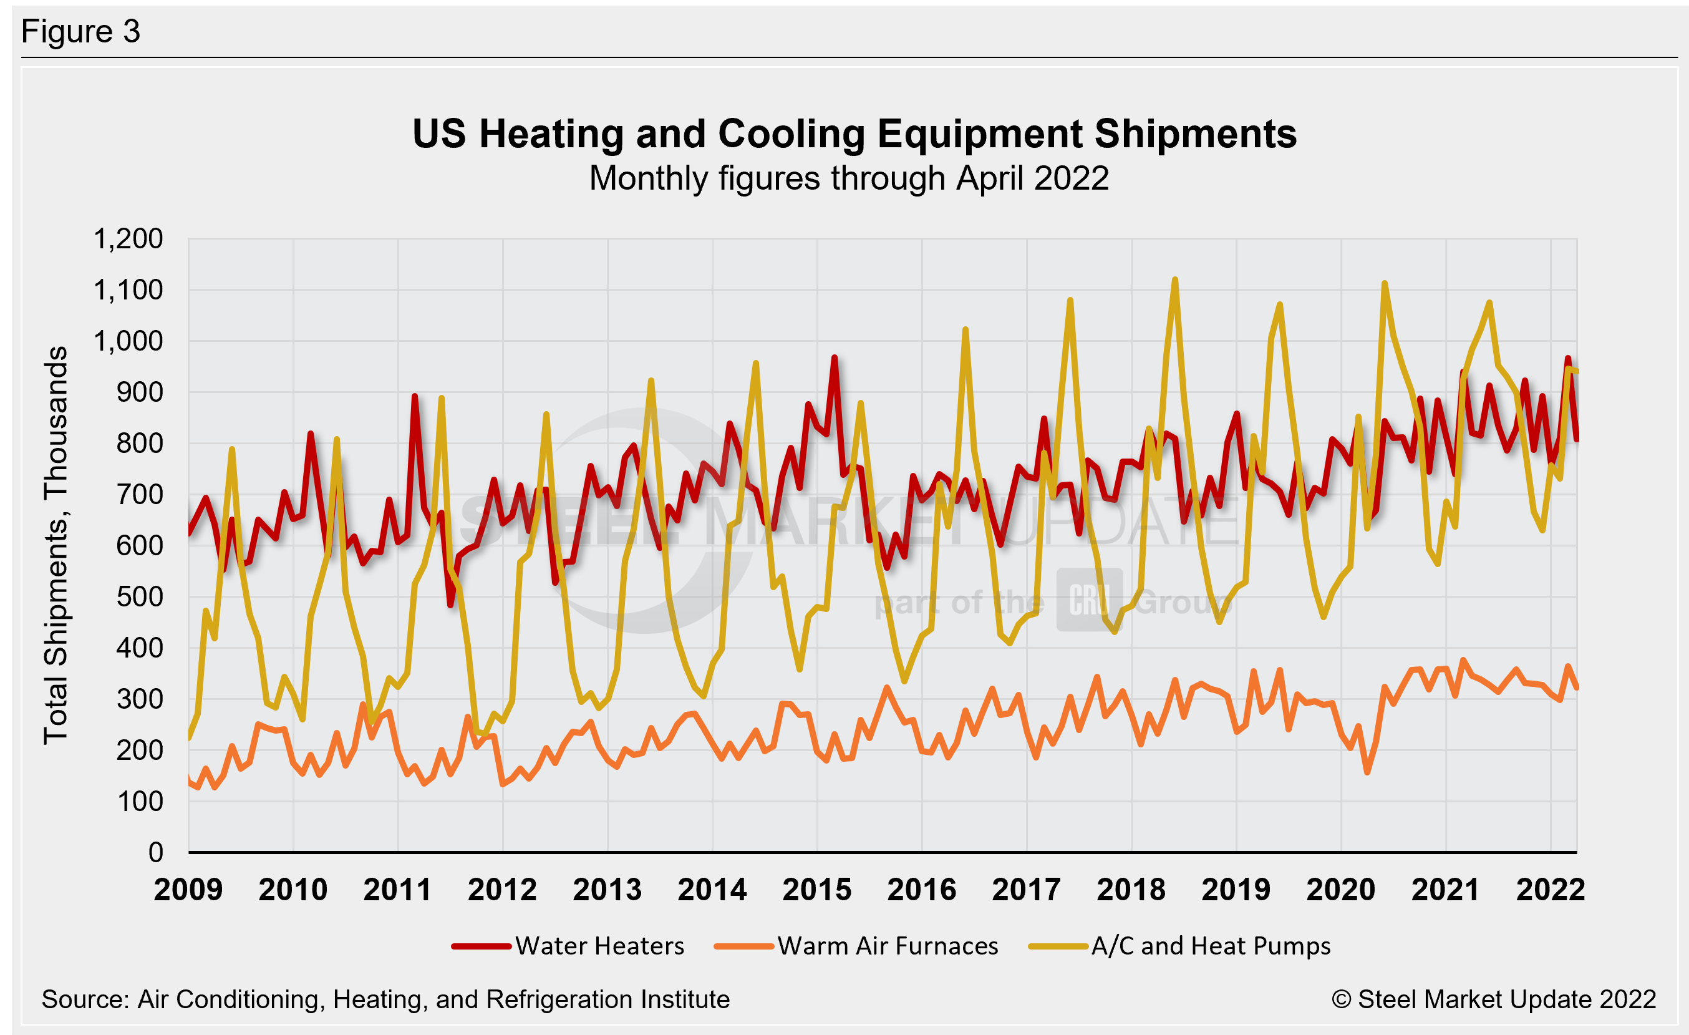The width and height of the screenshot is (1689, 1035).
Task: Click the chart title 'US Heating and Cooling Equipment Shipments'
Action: (x=854, y=134)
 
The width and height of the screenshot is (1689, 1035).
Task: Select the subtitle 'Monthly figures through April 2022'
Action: (x=849, y=179)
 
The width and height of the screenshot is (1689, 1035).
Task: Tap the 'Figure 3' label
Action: (x=81, y=32)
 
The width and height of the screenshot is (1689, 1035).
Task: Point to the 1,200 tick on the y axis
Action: (x=128, y=239)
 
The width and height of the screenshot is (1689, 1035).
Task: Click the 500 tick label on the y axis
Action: (x=139, y=597)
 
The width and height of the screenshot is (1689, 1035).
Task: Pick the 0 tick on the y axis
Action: (x=155, y=853)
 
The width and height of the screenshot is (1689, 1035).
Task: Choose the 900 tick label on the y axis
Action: (x=139, y=393)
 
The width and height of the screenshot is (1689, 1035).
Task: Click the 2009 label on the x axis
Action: (x=188, y=890)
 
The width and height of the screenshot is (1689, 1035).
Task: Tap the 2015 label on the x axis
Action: (x=816, y=890)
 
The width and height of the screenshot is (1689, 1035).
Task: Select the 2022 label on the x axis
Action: (x=1551, y=890)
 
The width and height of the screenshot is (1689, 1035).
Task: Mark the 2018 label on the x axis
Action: (x=1131, y=890)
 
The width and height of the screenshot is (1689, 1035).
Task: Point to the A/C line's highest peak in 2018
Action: (x=1175, y=279)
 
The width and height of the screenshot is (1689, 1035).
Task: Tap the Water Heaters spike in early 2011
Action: (x=415, y=396)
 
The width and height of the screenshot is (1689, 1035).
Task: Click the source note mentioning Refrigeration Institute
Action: (x=385, y=1000)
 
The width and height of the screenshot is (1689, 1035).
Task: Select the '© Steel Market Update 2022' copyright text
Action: (x=1494, y=1000)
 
